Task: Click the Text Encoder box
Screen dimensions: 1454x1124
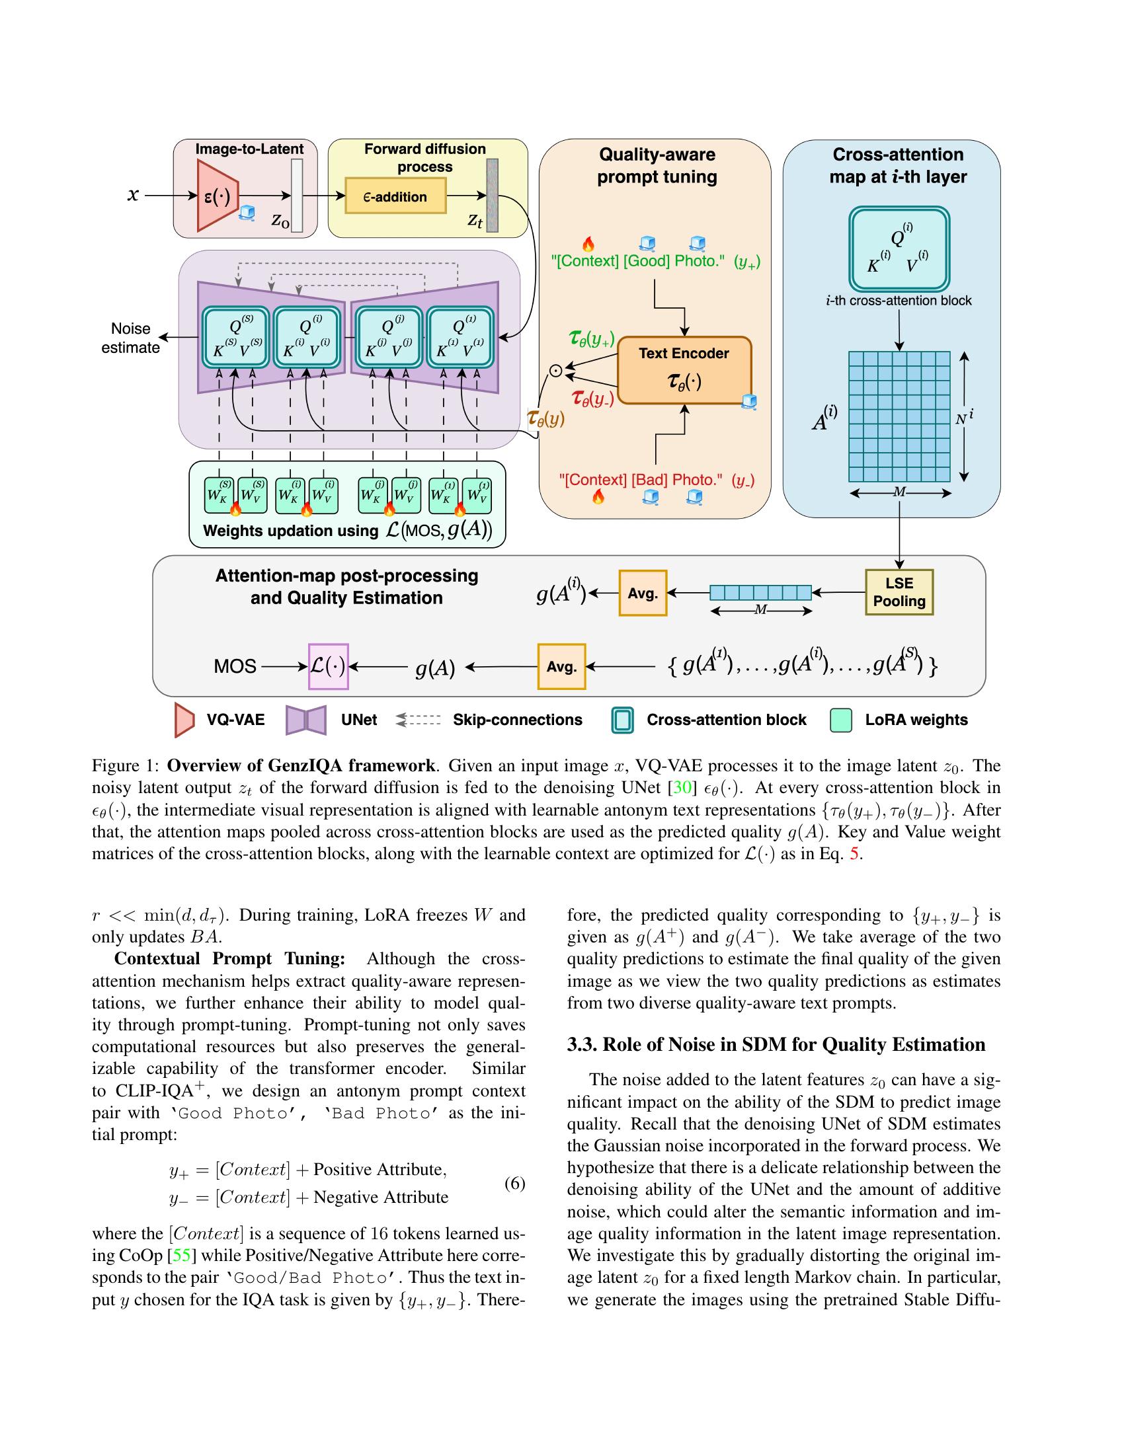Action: click(684, 370)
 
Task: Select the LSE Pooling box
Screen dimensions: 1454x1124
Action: click(899, 592)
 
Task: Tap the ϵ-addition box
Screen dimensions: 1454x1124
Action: click(395, 196)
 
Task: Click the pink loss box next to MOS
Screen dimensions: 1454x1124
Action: click(329, 666)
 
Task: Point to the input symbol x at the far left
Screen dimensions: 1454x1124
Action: click(133, 194)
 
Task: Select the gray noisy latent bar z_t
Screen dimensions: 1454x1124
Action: click(492, 195)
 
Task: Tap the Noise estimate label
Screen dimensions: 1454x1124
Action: click(130, 338)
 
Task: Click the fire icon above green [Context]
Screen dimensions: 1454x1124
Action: click(588, 244)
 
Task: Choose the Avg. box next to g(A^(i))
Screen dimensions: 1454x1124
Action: click(643, 593)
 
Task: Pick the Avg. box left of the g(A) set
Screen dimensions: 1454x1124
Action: click(561, 666)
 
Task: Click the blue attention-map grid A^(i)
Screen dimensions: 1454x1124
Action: click(899, 416)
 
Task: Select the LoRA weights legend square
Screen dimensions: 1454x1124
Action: click(842, 720)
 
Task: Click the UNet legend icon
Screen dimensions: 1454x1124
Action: click(305, 720)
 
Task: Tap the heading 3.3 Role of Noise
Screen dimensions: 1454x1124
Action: click(776, 1044)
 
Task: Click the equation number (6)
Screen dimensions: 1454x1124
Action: click(514, 1183)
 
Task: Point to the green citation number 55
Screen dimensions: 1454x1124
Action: click(181, 1255)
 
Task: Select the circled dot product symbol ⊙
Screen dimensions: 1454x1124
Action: click(556, 371)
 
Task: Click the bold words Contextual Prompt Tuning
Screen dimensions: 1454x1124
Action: click(229, 958)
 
